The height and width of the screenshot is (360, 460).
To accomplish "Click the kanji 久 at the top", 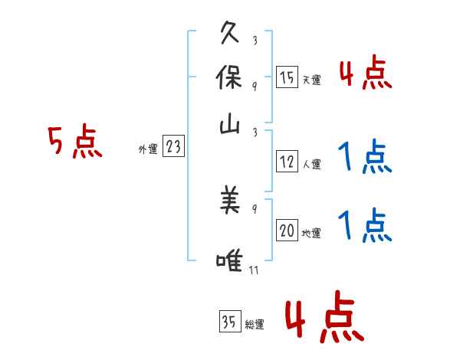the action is (230, 34).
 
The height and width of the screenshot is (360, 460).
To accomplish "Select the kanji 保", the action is (230, 77).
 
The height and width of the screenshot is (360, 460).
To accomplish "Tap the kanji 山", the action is (230, 123).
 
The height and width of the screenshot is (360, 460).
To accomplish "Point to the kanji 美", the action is (230, 201).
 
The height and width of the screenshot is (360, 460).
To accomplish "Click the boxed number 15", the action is (287, 77).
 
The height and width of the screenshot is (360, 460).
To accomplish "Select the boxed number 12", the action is (287, 162).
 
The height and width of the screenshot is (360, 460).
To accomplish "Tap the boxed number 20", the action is (287, 231).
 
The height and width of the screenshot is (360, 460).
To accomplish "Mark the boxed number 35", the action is (229, 322).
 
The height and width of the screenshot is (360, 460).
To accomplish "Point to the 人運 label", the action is (311, 164).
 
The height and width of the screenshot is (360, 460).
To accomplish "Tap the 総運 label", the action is (255, 325).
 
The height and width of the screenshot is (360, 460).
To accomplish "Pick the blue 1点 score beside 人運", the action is (365, 158).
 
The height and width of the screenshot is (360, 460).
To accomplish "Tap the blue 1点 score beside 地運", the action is (365, 227).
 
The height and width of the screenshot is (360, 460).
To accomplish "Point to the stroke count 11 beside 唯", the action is (254, 270).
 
